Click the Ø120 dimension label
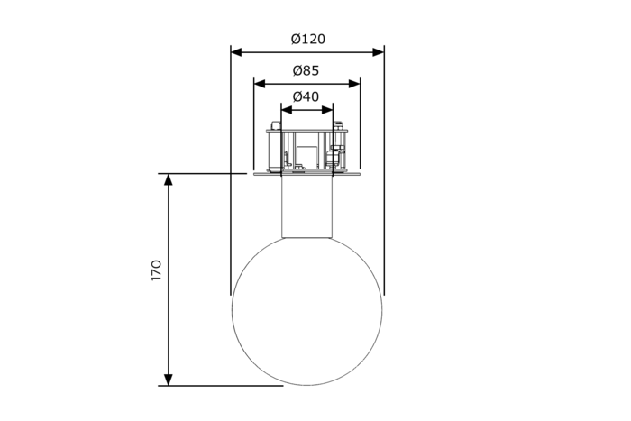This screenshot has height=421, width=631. [x=308, y=39]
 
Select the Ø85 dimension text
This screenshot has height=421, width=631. [x=306, y=71]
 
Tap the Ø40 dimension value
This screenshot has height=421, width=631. [x=306, y=96]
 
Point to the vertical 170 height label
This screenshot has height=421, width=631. [x=156, y=270]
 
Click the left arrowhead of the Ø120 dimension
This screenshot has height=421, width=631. [x=236, y=52]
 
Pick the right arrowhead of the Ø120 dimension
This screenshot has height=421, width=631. [x=379, y=52]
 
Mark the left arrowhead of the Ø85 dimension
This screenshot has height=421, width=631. [x=260, y=84]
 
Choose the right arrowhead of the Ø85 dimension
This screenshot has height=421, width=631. [x=354, y=84]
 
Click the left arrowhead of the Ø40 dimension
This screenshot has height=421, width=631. [x=287, y=109]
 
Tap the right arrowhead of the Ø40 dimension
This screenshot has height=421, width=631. [x=327, y=109]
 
